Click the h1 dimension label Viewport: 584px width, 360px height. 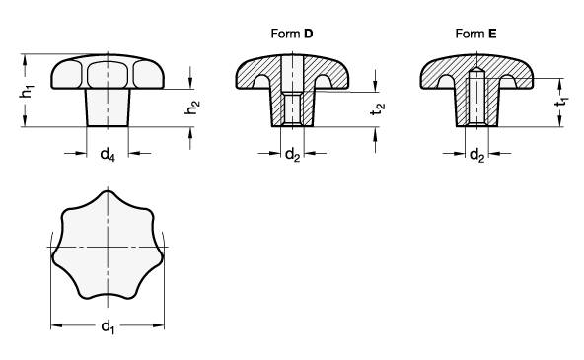(26, 91)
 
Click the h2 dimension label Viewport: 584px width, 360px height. (192, 108)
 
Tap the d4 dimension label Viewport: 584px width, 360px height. (108, 154)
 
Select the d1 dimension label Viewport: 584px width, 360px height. (108, 327)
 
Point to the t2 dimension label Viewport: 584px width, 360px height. (378, 108)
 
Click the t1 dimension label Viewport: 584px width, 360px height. (561, 102)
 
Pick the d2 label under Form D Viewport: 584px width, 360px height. (292, 154)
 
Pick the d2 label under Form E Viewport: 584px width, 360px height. (477, 154)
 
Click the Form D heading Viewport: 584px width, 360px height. (292, 34)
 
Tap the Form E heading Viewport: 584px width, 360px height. (476, 34)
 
